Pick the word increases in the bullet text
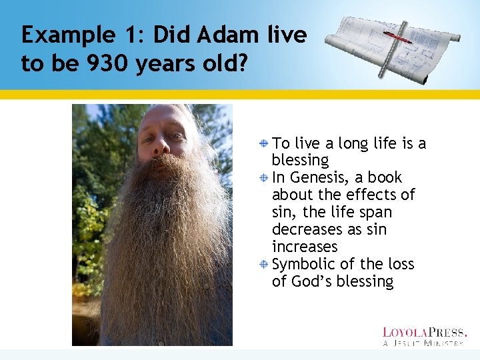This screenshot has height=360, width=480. pos(305,247)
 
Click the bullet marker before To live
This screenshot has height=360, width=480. pos(264,143)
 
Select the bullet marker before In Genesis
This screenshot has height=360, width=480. pos(264,178)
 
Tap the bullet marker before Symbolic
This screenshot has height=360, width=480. pos(264,265)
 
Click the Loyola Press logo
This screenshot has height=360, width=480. pos(425,331)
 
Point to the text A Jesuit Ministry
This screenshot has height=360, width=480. pos(424,343)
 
